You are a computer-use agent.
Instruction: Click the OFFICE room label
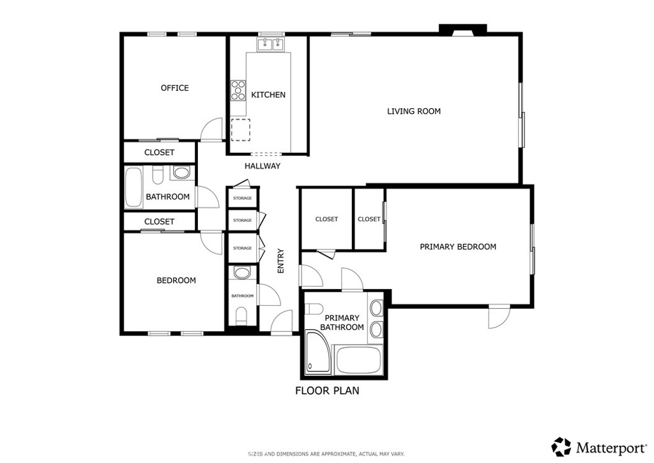pyautogui.click(x=175, y=88)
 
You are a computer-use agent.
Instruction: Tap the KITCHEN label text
pyautogui.click(x=268, y=95)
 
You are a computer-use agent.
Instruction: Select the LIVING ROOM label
pyautogui.click(x=414, y=111)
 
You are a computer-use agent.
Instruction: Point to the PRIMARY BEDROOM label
pyautogui.click(x=458, y=247)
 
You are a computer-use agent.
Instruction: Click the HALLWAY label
pyautogui.click(x=262, y=166)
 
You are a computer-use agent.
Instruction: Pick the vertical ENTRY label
pyautogui.click(x=281, y=261)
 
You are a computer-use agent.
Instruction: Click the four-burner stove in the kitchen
pyautogui.click(x=238, y=91)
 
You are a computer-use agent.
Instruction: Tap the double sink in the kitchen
pyautogui.click(x=271, y=44)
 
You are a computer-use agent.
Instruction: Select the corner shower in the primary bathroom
pyautogui.click(x=318, y=351)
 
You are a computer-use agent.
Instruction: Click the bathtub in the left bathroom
pyautogui.click(x=133, y=187)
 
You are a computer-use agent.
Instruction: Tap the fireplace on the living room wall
pyautogui.click(x=463, y=30)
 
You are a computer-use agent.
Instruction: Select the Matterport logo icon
pyautogui.click(x=561, y=447)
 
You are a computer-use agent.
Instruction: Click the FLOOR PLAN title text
pyautogui.click(x=327, y=391)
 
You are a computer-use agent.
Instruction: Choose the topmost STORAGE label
pyautogui.click(x=242, y=198)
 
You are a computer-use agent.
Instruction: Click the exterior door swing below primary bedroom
pyautogui.click(x=499, y=316)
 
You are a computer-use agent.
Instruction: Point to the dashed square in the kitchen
pyautogui.click(x=241, y=130)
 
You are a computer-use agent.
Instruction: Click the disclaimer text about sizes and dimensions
pyautogui.click(x=326, y=454)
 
